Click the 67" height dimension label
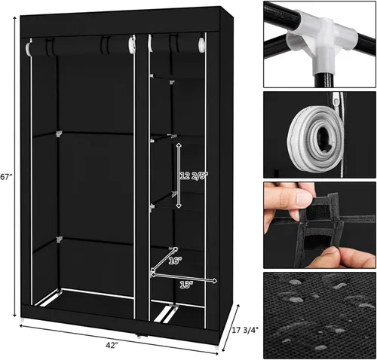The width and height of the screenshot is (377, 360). [x=6, y=177]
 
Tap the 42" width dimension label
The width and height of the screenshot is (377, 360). [x=112, y=345]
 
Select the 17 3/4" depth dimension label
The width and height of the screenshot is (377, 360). [x=245, y=330]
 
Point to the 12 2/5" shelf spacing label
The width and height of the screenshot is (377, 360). [x=195, y=176]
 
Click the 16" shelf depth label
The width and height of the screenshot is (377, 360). [x=175, y=261]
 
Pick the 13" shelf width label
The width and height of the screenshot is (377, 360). [x=186, y=285]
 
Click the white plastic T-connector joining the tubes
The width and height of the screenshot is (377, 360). [x=323, y=43]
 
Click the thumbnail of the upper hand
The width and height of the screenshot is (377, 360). [x=305, y=198]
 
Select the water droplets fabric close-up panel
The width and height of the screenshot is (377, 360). [x=320, y=315]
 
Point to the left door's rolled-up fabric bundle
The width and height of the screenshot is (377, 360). [x=81, y=46]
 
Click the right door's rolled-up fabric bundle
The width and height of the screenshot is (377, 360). [x=176, y=43]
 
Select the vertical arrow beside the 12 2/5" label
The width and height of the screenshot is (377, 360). [x=179, y=175]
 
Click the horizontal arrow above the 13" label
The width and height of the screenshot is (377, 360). [x=184, y=278]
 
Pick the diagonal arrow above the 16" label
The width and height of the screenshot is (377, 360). [x=164, y=259]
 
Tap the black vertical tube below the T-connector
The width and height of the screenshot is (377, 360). [x=323, y=80]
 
